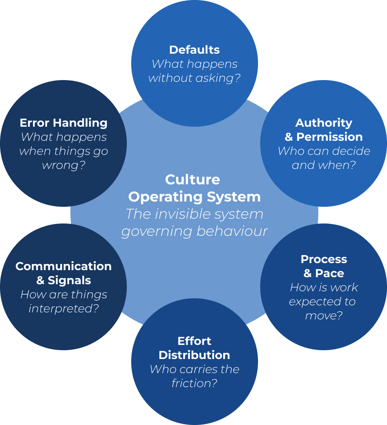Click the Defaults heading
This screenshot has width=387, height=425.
(194, 50)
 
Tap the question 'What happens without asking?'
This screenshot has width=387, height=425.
(194, 71)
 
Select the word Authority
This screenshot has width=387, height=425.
(324, 123)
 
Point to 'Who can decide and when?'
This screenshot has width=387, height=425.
(324, 158)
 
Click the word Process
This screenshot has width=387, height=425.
(324, 259)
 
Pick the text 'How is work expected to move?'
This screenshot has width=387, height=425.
(324, 301)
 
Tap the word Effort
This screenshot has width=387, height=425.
(194, 341)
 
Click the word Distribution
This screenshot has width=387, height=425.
(194, 355)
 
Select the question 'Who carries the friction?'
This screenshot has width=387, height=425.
(194, 376)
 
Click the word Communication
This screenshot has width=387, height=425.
(63, 266)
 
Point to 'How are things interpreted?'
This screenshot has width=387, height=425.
(63, 301)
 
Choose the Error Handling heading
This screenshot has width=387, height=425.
(63, 123)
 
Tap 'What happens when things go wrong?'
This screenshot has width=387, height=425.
(63, 151)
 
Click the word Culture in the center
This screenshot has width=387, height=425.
(192, 180)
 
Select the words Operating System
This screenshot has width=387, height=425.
(194, 197)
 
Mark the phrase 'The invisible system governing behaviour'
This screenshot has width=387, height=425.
(194, 223)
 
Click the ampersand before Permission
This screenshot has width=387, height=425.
(289, 137)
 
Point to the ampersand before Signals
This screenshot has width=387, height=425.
(41, 280)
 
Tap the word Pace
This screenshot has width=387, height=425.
(330, 273)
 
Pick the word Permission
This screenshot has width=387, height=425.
(329, 137)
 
